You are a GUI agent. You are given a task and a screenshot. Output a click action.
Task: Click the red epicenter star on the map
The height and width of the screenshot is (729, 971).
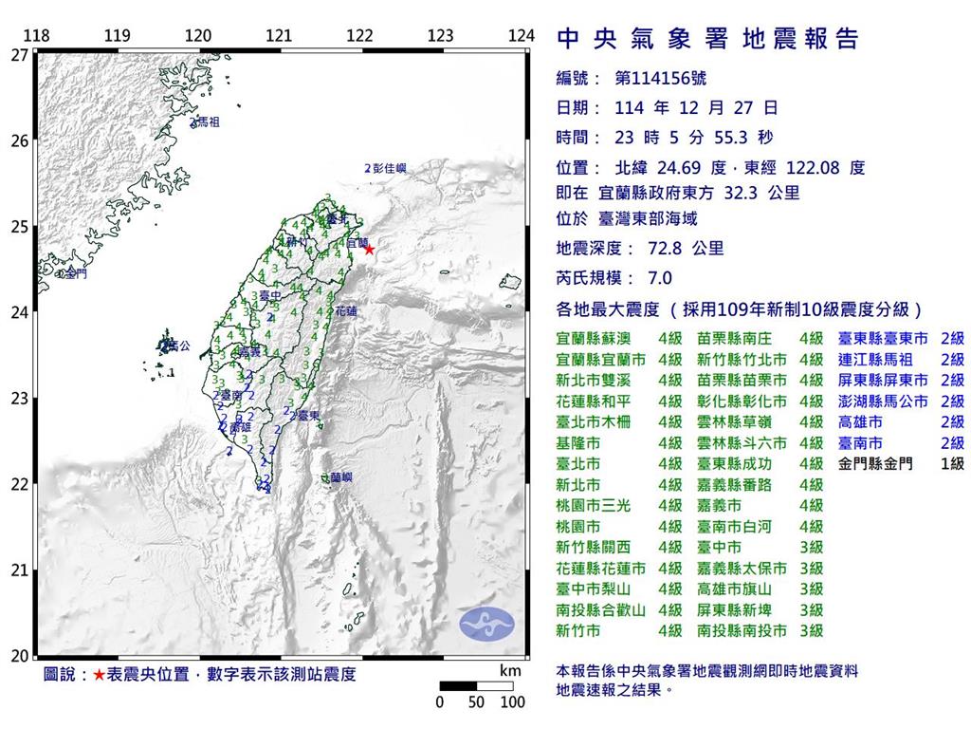tap(369, 250)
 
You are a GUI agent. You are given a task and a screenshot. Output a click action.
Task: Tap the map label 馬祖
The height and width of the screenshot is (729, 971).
tap(207, 122)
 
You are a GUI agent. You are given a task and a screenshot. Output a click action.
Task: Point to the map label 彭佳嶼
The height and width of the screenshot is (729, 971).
tap(390, 168)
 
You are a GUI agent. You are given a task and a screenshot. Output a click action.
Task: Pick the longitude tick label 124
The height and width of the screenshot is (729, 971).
tap(521, 36)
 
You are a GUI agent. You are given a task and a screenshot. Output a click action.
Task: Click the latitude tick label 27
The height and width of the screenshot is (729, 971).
tap(19, 54)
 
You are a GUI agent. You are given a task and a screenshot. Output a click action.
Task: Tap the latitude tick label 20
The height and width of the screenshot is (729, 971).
tap(19, 655)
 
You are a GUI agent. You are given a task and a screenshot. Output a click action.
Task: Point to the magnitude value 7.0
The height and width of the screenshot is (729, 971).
tap(658, 278)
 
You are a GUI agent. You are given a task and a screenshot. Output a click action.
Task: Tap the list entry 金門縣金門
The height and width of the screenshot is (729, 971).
tap(877, 464)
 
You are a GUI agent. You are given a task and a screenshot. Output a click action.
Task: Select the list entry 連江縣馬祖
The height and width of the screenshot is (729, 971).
tap(877, 359)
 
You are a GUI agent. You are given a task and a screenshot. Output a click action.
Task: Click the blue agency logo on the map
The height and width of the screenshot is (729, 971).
tap(486, 623)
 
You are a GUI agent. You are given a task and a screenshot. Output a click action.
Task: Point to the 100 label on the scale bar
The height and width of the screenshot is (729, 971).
tap(512, 703)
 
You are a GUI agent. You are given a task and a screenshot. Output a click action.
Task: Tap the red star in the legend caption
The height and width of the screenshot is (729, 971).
tap(99, 675)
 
